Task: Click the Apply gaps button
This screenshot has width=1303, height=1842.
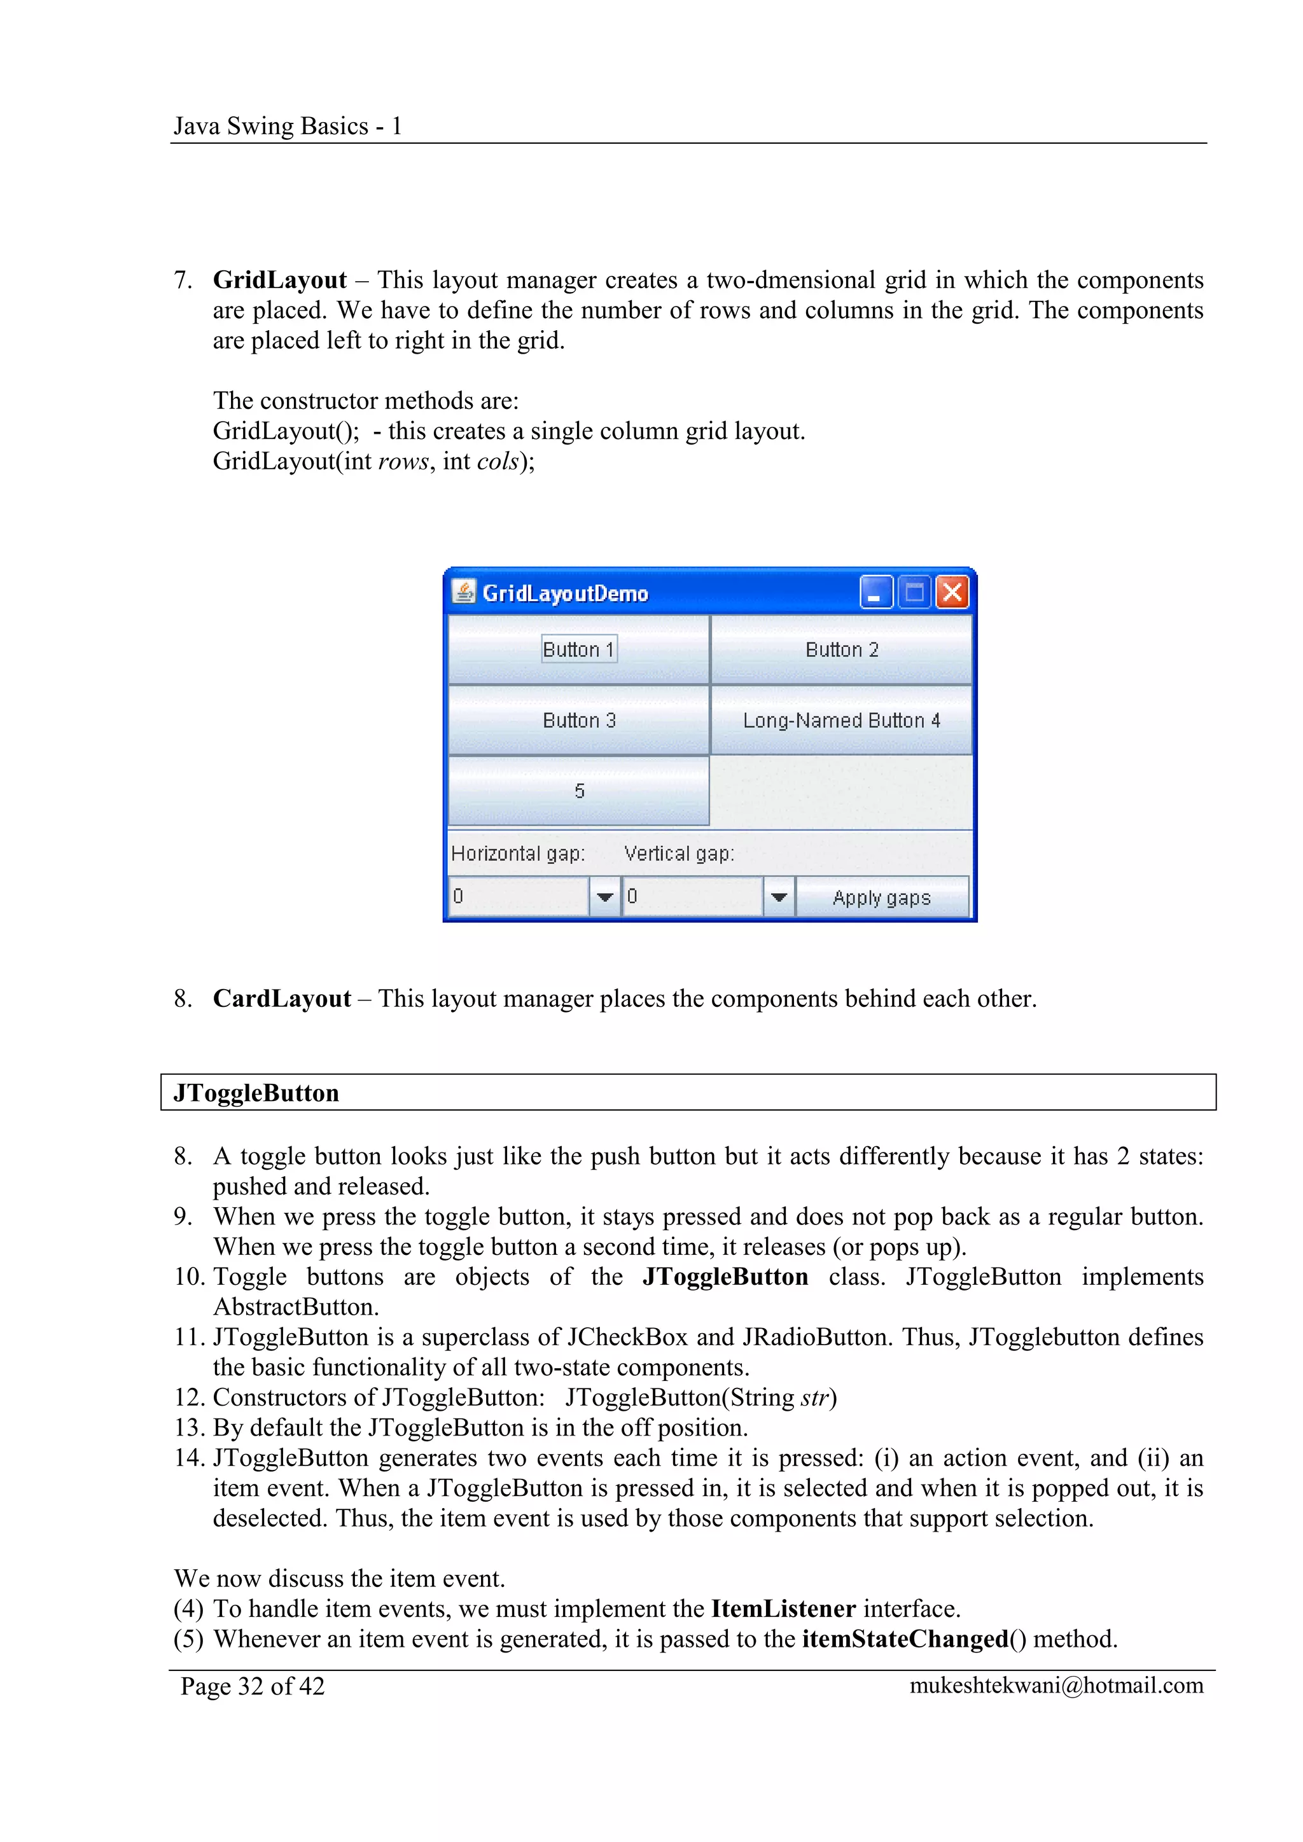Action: pos(882,897)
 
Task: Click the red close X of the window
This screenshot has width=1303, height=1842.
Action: pos(952,593)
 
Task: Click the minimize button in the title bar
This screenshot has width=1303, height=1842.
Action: pos(875,593)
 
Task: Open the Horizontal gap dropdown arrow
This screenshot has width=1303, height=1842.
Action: pos(605,897)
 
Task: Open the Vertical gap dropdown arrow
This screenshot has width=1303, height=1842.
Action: pos(778,897)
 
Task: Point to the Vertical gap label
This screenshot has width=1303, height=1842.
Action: pos(679,853)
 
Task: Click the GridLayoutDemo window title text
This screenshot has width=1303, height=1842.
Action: pos(565,593)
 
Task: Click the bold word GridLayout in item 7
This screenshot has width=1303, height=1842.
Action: pos(279,280)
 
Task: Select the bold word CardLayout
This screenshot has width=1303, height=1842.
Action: pos(282,998)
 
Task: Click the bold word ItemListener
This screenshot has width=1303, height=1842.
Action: pos(783,1609)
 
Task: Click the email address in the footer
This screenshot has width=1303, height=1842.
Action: pos(1056,1686)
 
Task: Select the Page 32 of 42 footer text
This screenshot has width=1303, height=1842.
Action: pos(253,1686)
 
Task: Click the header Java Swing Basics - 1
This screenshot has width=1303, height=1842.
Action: pos(287,126)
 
